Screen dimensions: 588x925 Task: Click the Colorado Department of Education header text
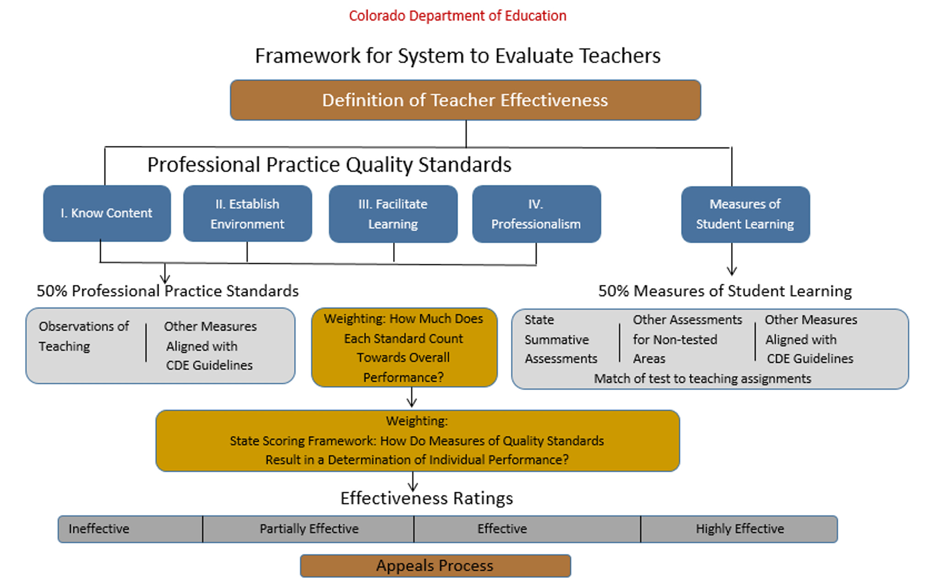pyautogui.click(x=457, y=16)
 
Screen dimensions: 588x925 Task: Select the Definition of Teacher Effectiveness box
pyautogui.click(x=465, y=100)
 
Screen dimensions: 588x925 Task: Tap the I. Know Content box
pyautogui.click(x=106, y=213)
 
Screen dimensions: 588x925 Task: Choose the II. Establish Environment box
pyautogui.click(x=247, y=214)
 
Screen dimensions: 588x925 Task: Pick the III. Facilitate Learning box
pyautogui.click(x=393, y=214)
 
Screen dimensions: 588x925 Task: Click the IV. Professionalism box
pyautogui.click(x=536, y=214)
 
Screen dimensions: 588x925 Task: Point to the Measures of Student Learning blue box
pyautogui.click(x=745, y=214)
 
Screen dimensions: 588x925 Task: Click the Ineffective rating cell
pyautogui.click(x=130, y=529)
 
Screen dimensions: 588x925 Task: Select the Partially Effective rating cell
pyautogui.click(x=308, y=529)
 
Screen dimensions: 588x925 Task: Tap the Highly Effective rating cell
pyautogui.click(x=739, y=529)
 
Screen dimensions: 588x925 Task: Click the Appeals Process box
pyautogui.click(x=435, y=566)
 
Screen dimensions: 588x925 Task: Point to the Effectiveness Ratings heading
pyautogui.click(x=426, y=498)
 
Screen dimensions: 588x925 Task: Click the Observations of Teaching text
pyautogui.click(x=83, y=336)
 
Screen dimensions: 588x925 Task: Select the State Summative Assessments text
pyautogui.click(x=560, y=339)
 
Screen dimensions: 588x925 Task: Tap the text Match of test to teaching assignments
pyautogui.click(x=702, y=378)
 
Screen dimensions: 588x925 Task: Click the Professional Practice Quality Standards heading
pyautogui.click(x=329, y=165)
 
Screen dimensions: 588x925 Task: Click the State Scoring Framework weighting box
pyautogui.click(x=417, y=441)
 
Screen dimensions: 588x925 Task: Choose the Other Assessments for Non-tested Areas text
pyautogui.click(x=687, y=339)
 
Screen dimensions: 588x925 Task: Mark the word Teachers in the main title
pyautogui.click(x=620, y=56)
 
